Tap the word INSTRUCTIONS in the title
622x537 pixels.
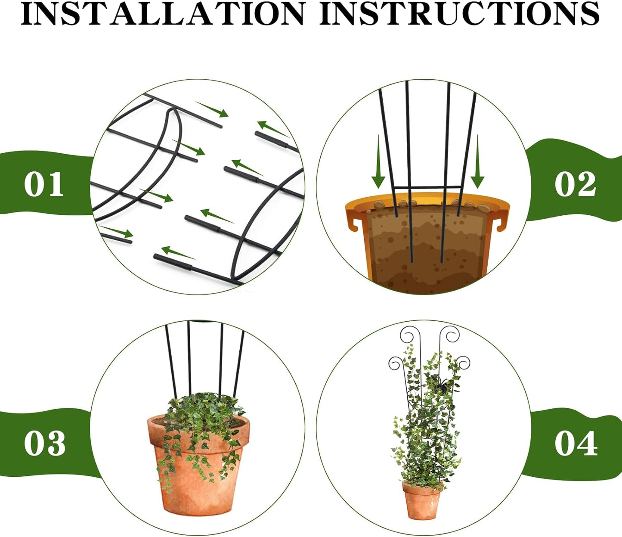pyautogui.click(x=459, y=14)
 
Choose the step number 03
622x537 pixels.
pyautogui.click(x=45, y=443)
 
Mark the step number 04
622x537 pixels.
pyautogui.click(x=576, y=443)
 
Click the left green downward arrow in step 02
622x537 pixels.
pyautogui.click(x=378, y=164)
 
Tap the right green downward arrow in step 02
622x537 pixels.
pyautogui.click(x=477, y=164)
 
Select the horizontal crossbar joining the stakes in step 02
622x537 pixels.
pyautogui.click(x=426, y=187)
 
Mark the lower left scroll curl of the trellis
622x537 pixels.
pyautogui.click(x=396, y=363)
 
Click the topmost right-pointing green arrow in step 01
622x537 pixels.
pyautogui.click(x=213, y=110)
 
